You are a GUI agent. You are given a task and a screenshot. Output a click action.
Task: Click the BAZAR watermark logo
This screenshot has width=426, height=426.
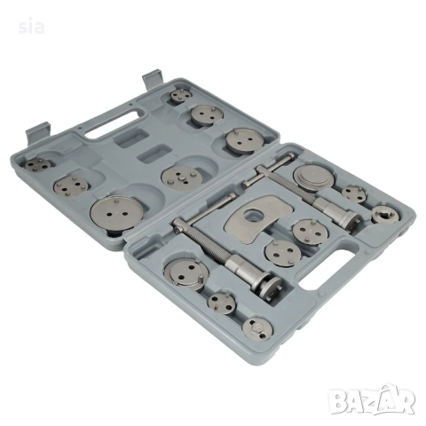coord(372,400)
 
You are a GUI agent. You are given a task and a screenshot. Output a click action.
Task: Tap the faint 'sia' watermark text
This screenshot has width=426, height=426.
coord(31,28)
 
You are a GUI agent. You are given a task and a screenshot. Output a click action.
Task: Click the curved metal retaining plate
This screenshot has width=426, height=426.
coord(256,218)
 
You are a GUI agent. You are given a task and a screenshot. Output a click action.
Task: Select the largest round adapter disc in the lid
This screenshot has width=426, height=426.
coord(117,212)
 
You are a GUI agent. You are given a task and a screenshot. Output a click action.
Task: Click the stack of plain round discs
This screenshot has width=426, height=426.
coord(313,178)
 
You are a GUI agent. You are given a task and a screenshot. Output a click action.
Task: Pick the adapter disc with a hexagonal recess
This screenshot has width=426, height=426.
coord(257,328)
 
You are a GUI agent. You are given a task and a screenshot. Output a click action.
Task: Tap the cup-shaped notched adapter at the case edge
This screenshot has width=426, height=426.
coord(386,215)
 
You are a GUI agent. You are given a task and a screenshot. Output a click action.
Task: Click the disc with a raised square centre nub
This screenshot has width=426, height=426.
coord(182,177)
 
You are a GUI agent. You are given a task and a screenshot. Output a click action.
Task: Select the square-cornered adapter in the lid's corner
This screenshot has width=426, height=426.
coord(37,164)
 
